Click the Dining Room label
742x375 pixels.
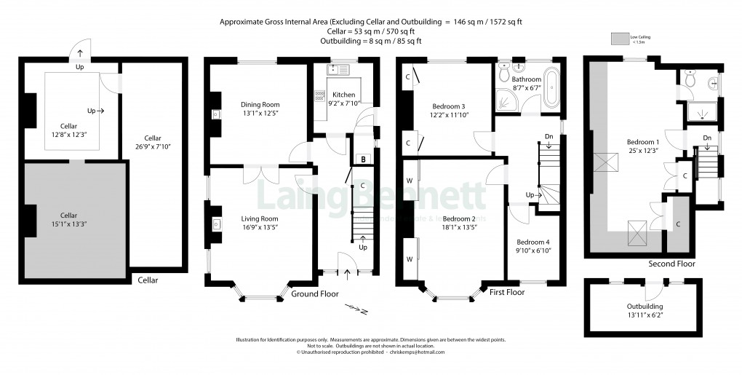point(260,104)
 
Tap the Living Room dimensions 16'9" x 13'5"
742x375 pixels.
point(260,226)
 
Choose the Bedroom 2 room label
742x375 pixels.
point(459,218)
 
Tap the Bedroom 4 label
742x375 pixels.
point(533,242)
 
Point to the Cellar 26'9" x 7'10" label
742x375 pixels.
point(152,138)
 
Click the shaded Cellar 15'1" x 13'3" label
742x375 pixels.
point(68,215)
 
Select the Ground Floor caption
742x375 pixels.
point(315,293)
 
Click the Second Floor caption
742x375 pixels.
point(671,264)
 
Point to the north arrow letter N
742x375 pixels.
point(364,312)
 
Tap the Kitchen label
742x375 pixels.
point(343,95)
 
